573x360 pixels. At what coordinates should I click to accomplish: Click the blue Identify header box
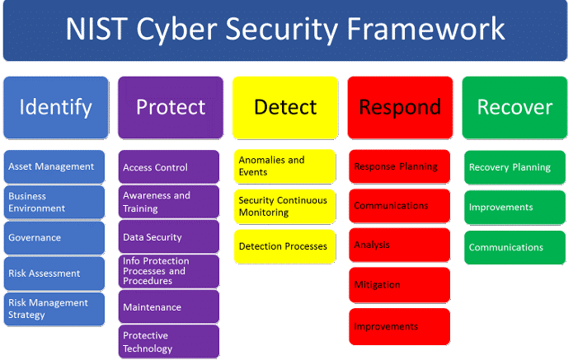pos(55,107)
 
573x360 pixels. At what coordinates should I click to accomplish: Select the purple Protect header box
pos(170,107)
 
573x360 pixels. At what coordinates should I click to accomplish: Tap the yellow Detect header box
pos(284,107)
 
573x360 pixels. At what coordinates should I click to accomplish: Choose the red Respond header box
pos(399,107)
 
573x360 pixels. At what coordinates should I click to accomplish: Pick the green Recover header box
pos(514,107)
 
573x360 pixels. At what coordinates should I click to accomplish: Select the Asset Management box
pos(55,166)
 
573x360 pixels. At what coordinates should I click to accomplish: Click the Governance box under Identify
pos(55,237)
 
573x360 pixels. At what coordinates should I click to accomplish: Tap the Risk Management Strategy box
pos(55,309)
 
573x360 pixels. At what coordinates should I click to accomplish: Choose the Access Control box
pos(170,167)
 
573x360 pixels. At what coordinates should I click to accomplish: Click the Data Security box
pos(170,237)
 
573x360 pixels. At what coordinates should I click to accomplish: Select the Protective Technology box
pos(170,342)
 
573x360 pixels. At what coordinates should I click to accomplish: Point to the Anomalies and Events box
pos(284,166)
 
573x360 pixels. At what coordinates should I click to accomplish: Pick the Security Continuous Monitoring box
pos(284,206)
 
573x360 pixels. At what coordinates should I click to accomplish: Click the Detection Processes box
pos(284,246)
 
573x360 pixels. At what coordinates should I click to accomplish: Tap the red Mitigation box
pos(399,285)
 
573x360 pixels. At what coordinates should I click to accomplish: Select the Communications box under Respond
pos(399,206)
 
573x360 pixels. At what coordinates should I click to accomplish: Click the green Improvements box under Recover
pos(514,208)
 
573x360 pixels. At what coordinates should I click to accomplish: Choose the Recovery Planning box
pos(514,167)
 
